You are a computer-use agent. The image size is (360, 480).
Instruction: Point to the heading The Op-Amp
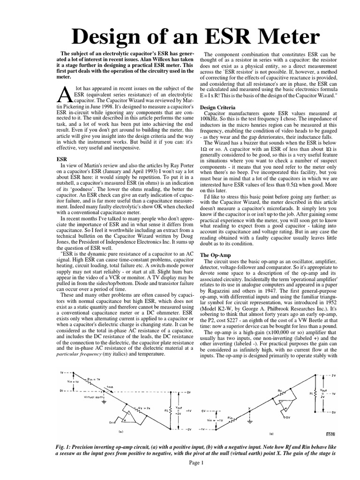pyautogui.click(x=215, y=255)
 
